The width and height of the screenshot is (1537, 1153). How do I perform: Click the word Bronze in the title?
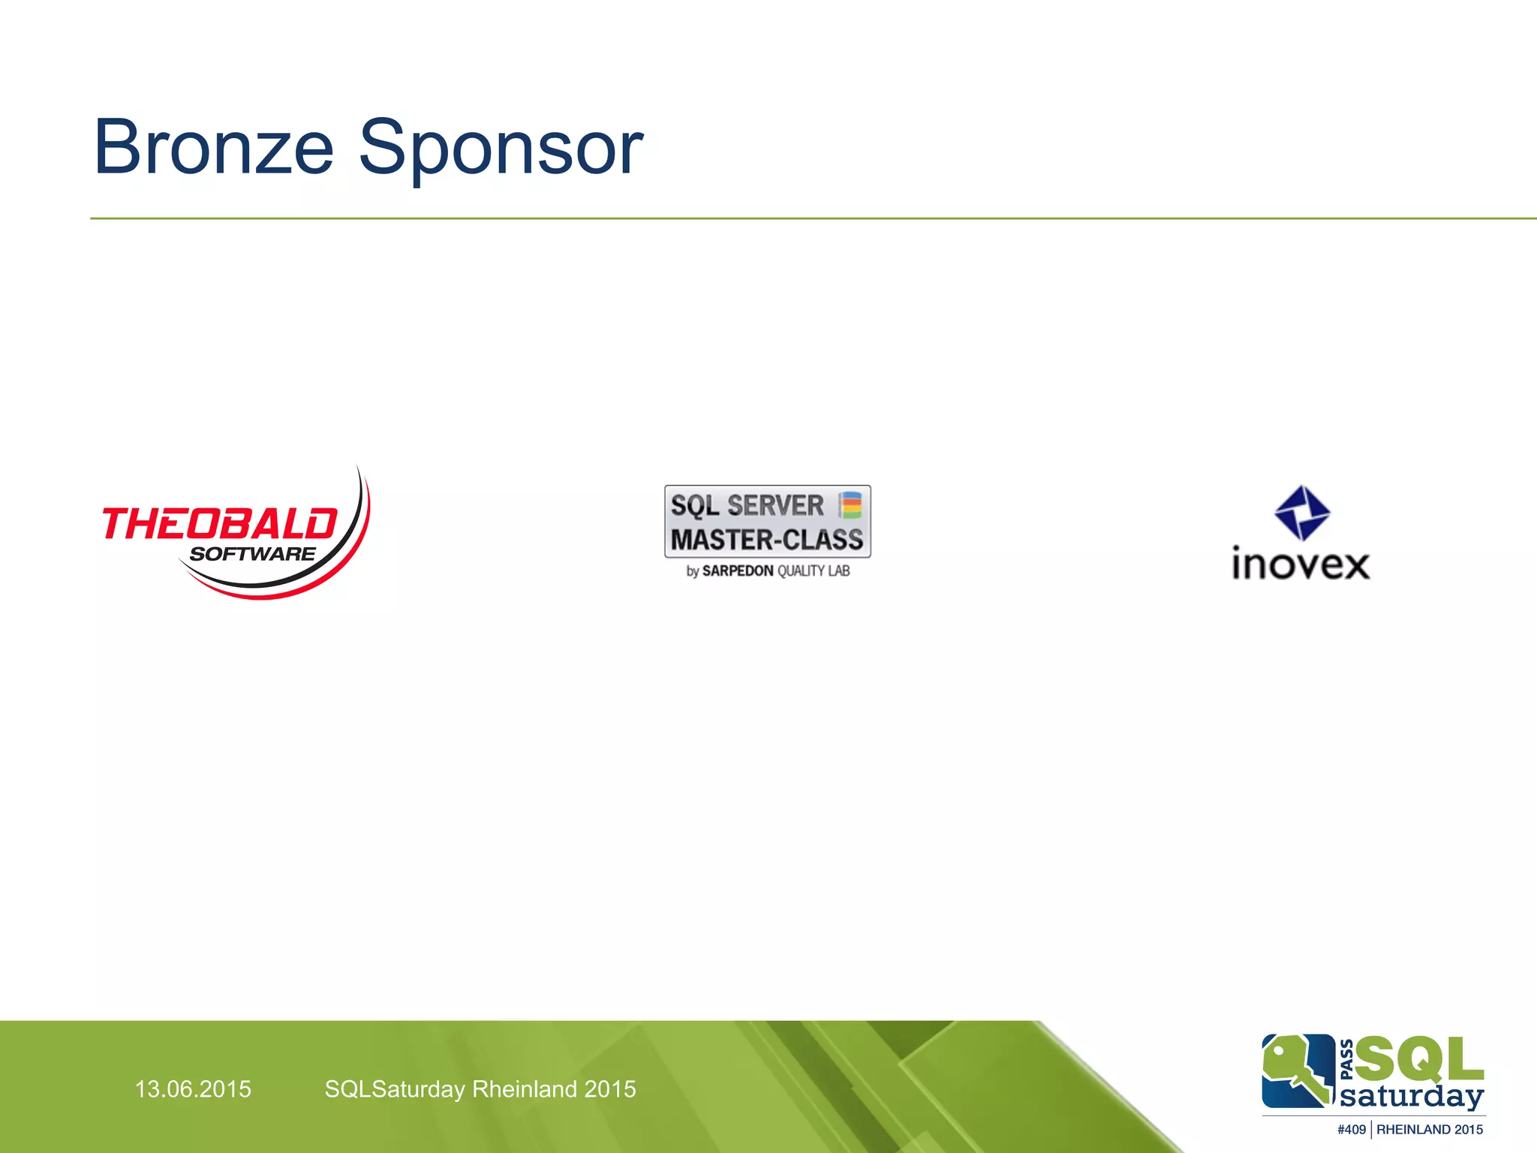[x=213, y=148]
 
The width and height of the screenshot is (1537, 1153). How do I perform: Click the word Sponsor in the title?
[x=501, y=148]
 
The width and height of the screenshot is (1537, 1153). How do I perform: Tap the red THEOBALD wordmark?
[x=219, y=523]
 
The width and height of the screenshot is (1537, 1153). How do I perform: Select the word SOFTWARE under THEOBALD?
[x=252, y=555]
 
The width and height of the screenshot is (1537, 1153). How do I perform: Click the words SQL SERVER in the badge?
[x=747, y=505]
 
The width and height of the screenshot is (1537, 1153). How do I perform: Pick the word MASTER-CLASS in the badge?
[x=766, y=540]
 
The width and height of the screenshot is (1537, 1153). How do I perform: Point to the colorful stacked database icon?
[x=850, y=505]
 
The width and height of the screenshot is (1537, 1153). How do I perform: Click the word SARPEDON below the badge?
[x=737, y=571]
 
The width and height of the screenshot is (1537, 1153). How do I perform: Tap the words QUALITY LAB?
[x=814, y=571]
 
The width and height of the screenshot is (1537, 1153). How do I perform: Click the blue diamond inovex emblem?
[x=1302, y=513]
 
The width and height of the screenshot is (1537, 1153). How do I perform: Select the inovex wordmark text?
[x=1301, y=564]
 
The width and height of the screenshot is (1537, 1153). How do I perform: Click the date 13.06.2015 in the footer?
[x=193, y=1089]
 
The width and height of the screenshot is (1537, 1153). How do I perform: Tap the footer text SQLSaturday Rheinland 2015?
[x=480, y=1089]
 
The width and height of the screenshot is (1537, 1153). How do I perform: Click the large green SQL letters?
[x=1419, y=1059]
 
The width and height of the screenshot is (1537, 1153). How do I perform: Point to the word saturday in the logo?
[x=1412, y=1097]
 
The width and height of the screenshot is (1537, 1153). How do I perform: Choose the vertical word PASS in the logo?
[x=1346, y=1059]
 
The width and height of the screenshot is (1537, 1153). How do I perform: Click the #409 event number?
[x=1351, y=1130]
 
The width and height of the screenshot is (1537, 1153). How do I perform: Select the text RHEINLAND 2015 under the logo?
[x=1430, y=1130]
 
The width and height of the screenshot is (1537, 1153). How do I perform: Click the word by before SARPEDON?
[x=692, y=572]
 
